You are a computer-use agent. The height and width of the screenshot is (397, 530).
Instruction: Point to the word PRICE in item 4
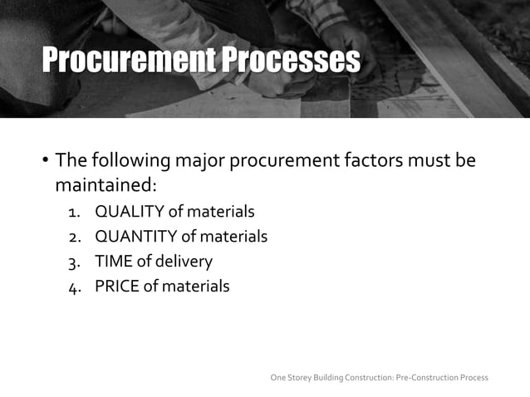click(116, 287)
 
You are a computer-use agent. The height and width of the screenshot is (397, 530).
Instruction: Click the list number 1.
click(74, 213)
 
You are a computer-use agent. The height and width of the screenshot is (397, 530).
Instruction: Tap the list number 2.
click(74, 238)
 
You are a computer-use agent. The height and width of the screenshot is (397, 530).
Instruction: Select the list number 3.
click(74, 262)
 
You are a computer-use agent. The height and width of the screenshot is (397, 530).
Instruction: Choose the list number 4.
click(74, 287)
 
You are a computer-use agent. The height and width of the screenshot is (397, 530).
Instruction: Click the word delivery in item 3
click(184, 262)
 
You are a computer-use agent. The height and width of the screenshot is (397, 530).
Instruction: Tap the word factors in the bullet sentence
click(377, 159)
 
